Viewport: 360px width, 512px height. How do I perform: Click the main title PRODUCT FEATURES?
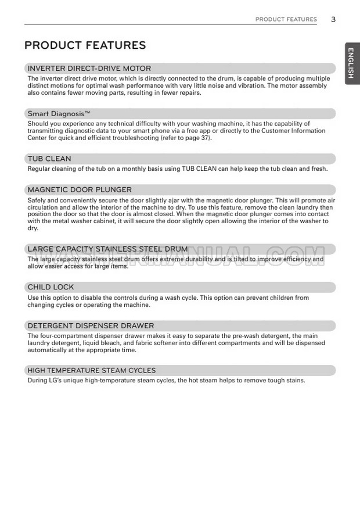click(x=85, y=45)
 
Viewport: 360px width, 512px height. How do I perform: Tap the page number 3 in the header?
click(x=333, y=19)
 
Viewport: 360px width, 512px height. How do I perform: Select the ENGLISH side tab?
click(x=352, y=63)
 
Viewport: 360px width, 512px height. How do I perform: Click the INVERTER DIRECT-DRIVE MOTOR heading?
click(x=89, y=69)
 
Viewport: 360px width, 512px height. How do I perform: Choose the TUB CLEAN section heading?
click(x=49, y=159)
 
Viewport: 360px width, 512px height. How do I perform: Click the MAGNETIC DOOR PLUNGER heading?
click(x=80, y=189)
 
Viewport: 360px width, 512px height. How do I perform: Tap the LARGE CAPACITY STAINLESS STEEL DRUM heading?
click(x=107, y=249)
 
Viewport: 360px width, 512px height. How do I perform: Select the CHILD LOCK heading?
click(x=51, y=287)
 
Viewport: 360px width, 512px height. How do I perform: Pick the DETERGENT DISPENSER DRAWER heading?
click(x=91, y=326)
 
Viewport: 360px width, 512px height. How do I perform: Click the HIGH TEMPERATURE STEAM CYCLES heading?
click(x=92, y=370)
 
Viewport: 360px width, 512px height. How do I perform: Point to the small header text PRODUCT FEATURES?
click(x=286, y=20)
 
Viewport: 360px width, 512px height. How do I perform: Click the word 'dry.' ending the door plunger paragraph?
click(x=33, y=228)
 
